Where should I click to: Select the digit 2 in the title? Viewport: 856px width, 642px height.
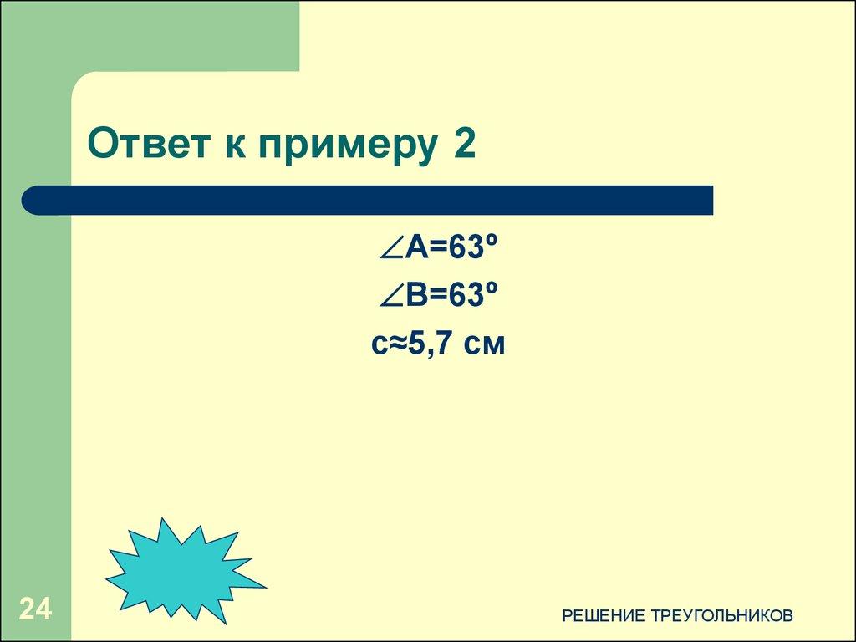point(465,145)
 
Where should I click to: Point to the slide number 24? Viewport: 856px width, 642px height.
point(36,609)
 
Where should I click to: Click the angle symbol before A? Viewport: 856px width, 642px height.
point(390,248)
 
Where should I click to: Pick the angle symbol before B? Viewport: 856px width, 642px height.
point(390,295)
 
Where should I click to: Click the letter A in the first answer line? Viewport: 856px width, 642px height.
point(419,248)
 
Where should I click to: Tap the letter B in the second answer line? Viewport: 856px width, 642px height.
point(419,295)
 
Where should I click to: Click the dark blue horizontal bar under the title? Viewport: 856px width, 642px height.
point(376,201)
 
